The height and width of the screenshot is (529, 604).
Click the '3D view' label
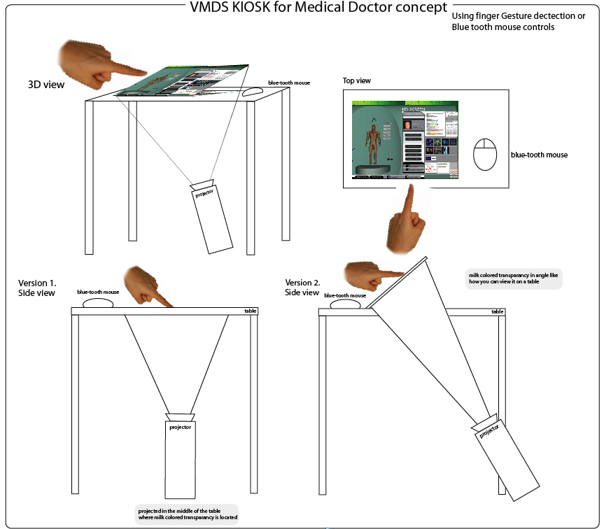pyautogui.click(x=46, y=85)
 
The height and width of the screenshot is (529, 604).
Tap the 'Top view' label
pyautogui.click(x=356, y=81)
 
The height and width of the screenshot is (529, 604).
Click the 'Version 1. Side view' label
pyautogui.click(x=37, y=288)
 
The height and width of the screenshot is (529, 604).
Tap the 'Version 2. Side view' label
pyautogui.click(x=303, y=287)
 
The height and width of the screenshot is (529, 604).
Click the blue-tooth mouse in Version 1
pyautogui.click(x=99, y=303)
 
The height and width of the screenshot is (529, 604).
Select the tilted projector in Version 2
pyautogui.click(x=505, y=458)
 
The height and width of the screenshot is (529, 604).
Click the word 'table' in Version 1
pyautogui.click(x=251, y=311)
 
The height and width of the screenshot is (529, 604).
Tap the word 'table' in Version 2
pyautogui.click(x=497, y=311)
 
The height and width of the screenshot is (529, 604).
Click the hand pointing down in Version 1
pyautogui.click(x=148, y=285)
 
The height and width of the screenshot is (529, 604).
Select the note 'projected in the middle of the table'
pyautogui.click(x=187, y=514)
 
